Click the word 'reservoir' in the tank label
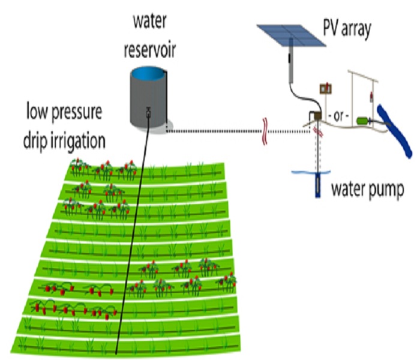(x=149, y=50)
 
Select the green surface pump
(x=362, y=120)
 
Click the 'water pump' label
(x=367, y=190)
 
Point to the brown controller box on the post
(x=326, y=88)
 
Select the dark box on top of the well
(x=314, y=116)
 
